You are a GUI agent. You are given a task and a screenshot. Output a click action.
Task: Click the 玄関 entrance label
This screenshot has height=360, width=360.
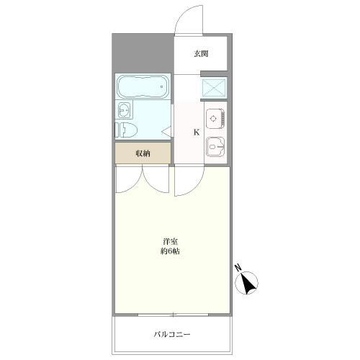(x=201, y=53)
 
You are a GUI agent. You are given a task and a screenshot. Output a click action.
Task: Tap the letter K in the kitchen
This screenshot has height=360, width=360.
(x=196, y=132)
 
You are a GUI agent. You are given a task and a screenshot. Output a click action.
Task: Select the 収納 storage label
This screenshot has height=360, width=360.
(x=143, y=153)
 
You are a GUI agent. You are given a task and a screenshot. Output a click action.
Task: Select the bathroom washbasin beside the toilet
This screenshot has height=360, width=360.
(x=124, y=109)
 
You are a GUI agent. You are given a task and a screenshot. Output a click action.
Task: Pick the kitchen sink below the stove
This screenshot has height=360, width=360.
(x=215, y=147)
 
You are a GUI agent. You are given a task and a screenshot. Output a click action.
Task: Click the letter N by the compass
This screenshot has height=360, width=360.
(x=238, y=269)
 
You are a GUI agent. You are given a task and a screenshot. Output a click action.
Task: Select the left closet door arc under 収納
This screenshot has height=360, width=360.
(x=130, y=180)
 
